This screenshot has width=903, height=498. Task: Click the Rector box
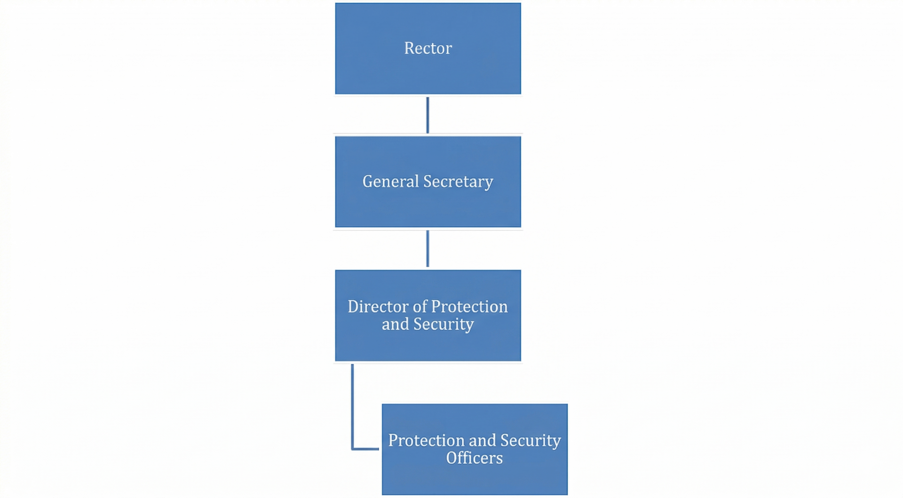(x=428, y=48)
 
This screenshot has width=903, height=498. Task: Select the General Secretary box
(x=428, y=182)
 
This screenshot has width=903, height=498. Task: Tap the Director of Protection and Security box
(x=428, y=316)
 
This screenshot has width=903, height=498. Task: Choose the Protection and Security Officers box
(x=475, y=449)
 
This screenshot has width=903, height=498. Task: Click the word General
(x=390, y=181)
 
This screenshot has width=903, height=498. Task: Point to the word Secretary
(x=458, y=182)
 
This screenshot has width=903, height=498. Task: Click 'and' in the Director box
(x=396, y=324)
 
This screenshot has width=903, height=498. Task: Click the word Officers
(x=475, y=458)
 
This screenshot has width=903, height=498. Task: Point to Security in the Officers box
(x=531, y=441)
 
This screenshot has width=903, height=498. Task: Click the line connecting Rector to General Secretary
(x=428, y=115)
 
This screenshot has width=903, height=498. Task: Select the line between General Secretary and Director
(x=428, y=249)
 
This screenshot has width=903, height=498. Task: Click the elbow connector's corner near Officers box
(x=352, y=449)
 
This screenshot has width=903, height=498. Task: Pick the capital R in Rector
(x=410, y=48)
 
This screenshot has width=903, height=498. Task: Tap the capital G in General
(x=368, y=182)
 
